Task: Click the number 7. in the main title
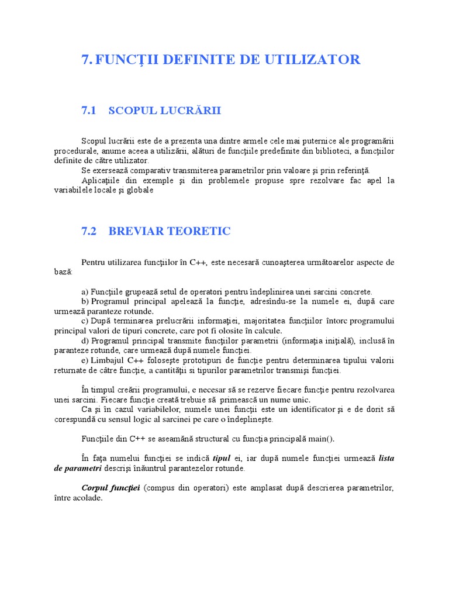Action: click(87, 59)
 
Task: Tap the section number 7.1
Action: click(88, 111)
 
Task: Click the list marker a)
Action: click(85, 291)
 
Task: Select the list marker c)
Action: click(85, 321)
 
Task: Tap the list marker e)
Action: click(85, 360)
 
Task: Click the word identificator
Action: click(307, 409)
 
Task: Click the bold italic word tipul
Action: click(222, 458)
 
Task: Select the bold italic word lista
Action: click(386, 458)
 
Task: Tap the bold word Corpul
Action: click(95, 488)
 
